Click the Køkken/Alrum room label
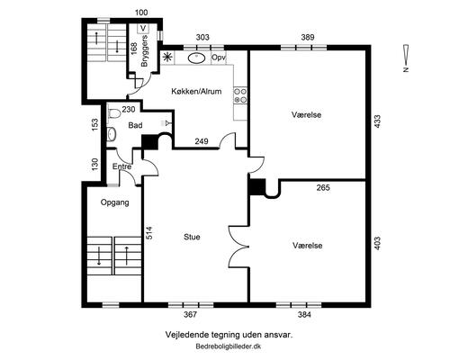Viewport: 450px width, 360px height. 196,91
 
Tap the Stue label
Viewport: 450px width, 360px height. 192,237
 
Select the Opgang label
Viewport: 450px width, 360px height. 115,202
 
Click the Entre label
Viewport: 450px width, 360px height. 121,166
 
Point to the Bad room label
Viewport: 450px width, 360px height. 135,125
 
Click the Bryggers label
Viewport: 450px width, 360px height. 145,51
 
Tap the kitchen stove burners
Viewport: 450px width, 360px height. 240,95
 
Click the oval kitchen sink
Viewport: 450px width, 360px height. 197,58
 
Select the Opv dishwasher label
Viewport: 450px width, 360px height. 219,58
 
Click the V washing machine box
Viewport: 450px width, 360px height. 144,28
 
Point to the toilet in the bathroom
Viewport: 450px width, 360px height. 113,113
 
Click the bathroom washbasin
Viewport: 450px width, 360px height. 111,133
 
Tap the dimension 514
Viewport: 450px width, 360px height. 148,233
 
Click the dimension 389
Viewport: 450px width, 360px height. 308,37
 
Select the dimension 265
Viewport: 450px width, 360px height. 323,188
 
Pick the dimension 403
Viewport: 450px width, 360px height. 377,243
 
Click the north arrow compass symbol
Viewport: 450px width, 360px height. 406,58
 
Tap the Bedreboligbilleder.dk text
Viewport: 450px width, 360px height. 229,346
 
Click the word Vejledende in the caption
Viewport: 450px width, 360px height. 184,335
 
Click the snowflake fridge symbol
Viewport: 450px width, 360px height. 167,57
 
